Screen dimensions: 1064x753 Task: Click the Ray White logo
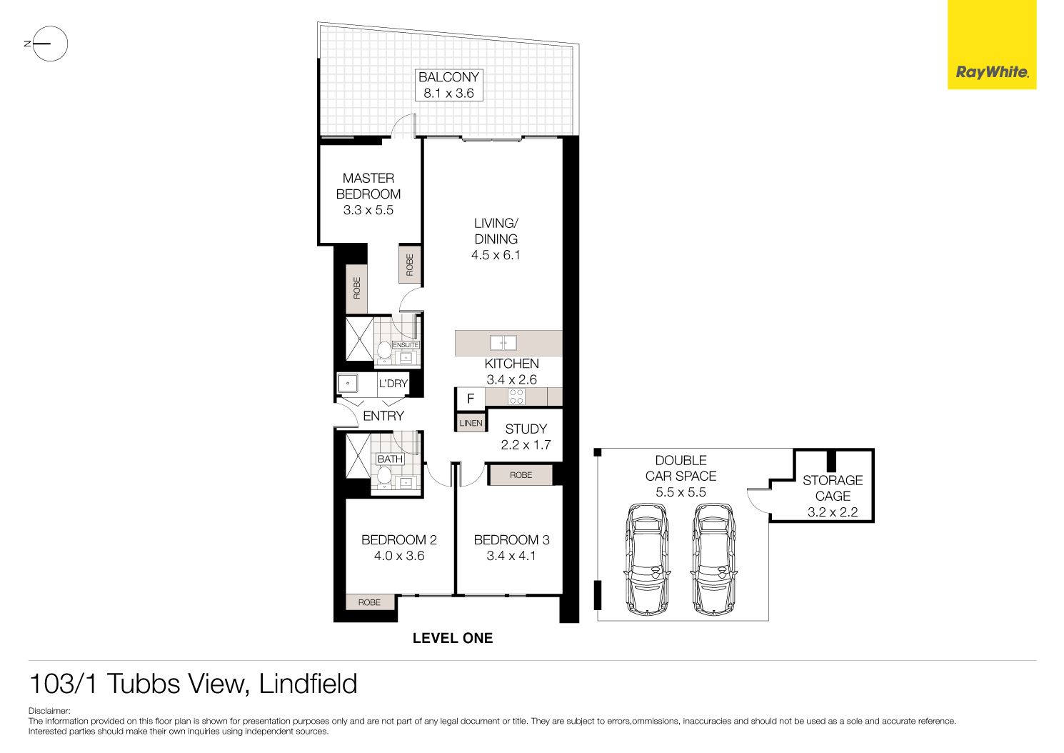click(992, 45)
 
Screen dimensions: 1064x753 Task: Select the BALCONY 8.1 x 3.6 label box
click(449, 85)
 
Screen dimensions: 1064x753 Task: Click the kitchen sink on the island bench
click(503, 342)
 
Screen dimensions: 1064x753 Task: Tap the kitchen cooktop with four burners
click(516, 397)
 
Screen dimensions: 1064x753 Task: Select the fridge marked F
click(471, 399)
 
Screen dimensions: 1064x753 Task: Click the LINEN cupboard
click(471, 423)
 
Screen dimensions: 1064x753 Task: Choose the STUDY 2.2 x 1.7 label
click(526, 437)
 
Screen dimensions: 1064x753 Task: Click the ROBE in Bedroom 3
click(521, 474)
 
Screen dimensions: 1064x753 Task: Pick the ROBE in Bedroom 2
click(370, 602)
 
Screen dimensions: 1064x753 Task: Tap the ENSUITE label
click(406, 345)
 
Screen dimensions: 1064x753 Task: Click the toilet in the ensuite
click(383, 351)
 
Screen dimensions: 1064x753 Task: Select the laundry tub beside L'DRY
click(348, 383)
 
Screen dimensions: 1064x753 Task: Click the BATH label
click(390, 459)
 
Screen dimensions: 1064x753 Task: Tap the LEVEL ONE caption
click(453, 638)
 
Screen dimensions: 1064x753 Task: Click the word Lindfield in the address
click(308, 684)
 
